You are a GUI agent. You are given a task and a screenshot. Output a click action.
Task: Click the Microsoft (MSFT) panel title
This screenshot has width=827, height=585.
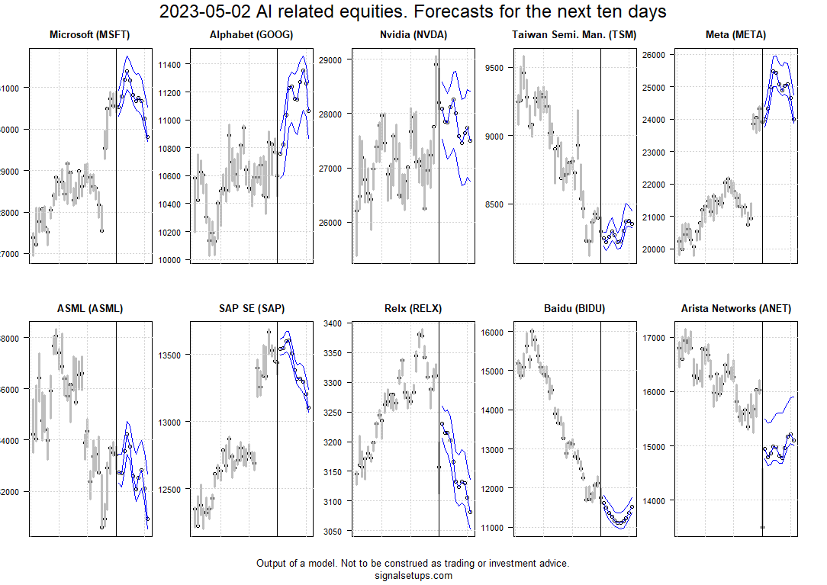(x=90, y=35)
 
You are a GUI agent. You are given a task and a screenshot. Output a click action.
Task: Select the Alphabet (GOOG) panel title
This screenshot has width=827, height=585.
(x=251, y=35)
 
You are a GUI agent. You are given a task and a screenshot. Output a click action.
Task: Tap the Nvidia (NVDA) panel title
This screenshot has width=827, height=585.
(x=413, y=35)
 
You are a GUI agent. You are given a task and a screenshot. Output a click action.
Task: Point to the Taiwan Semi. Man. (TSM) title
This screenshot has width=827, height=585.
(x=574, y=35)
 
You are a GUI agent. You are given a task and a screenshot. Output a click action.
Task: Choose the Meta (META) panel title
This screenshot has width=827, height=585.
(x=736, y=35)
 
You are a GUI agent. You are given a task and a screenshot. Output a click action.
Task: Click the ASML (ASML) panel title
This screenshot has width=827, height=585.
(x=90, y=309)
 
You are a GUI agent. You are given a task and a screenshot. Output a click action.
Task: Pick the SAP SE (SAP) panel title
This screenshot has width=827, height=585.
(x=251, y=309)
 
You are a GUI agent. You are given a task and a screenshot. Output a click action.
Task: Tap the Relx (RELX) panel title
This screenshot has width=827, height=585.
(x=413, y=309)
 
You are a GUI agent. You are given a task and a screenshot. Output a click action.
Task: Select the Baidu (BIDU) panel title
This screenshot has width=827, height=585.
(x=574, y=309)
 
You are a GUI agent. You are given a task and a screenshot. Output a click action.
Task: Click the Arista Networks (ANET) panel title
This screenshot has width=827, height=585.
(x=736, y=309)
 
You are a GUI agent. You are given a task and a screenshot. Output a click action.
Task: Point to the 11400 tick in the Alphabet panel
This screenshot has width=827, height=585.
(x=169, y=65)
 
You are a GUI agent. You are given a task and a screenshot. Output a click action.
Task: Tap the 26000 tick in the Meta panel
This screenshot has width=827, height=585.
(x=655, y=55)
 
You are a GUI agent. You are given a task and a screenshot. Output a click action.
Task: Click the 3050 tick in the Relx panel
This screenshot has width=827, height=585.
(x=333, y=531)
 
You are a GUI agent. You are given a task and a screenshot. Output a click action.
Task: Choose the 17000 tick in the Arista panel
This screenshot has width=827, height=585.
(x=655, y=338)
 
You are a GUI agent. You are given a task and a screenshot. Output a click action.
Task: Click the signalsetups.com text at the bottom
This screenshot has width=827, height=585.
(x=413, y=576)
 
